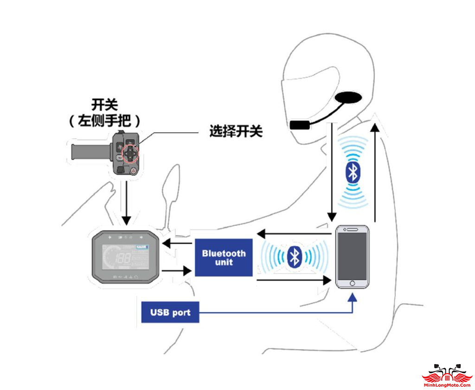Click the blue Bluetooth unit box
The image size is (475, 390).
(224, 258)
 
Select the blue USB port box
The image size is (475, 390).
(170, 313)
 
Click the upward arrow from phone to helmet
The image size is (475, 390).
(376, 172)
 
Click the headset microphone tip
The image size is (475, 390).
(300, 125)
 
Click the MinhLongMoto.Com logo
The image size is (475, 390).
(447, 376)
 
